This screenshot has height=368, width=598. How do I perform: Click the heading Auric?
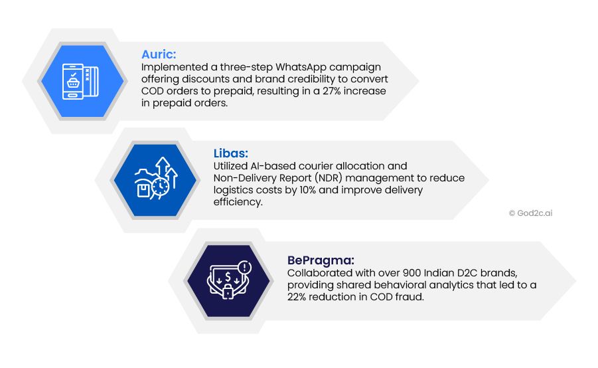click(x=159, y=54)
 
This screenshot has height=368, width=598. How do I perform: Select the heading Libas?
click(x=231, y=153)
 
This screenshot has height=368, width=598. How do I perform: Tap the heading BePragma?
click(x=321, y=260)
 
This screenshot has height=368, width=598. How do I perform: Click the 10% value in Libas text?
click(x=308, y=190)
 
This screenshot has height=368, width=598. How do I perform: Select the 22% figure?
click(x=297, y=297)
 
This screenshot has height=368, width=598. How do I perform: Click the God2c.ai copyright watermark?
click(x=530, y=213)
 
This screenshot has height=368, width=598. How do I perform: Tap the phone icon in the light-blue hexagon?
click(x=73, y=81)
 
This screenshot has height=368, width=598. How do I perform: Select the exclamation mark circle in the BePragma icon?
click(x=244, y=267)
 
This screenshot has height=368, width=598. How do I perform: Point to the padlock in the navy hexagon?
click(x=228, y=291)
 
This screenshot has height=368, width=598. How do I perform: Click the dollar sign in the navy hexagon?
click(x=228, y=276)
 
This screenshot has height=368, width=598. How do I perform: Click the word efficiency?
click(x=238, y=202)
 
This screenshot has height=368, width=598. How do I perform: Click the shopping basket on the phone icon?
click(x=73, y=82)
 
